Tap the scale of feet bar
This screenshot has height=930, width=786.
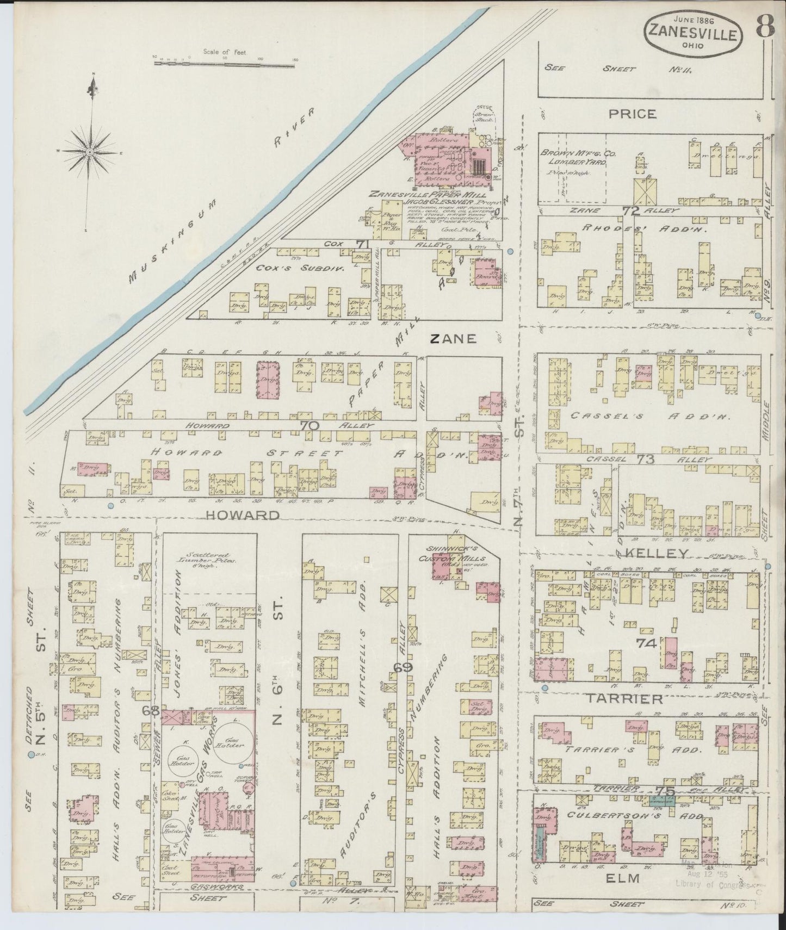[x=225, y=63]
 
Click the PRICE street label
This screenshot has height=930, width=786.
[x=632, y=114]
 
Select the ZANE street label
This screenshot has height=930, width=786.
[x=453, y=339]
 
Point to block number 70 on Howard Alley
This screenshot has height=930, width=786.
[x=310, y=426]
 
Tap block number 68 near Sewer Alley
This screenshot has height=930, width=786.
[x=150, y=710]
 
